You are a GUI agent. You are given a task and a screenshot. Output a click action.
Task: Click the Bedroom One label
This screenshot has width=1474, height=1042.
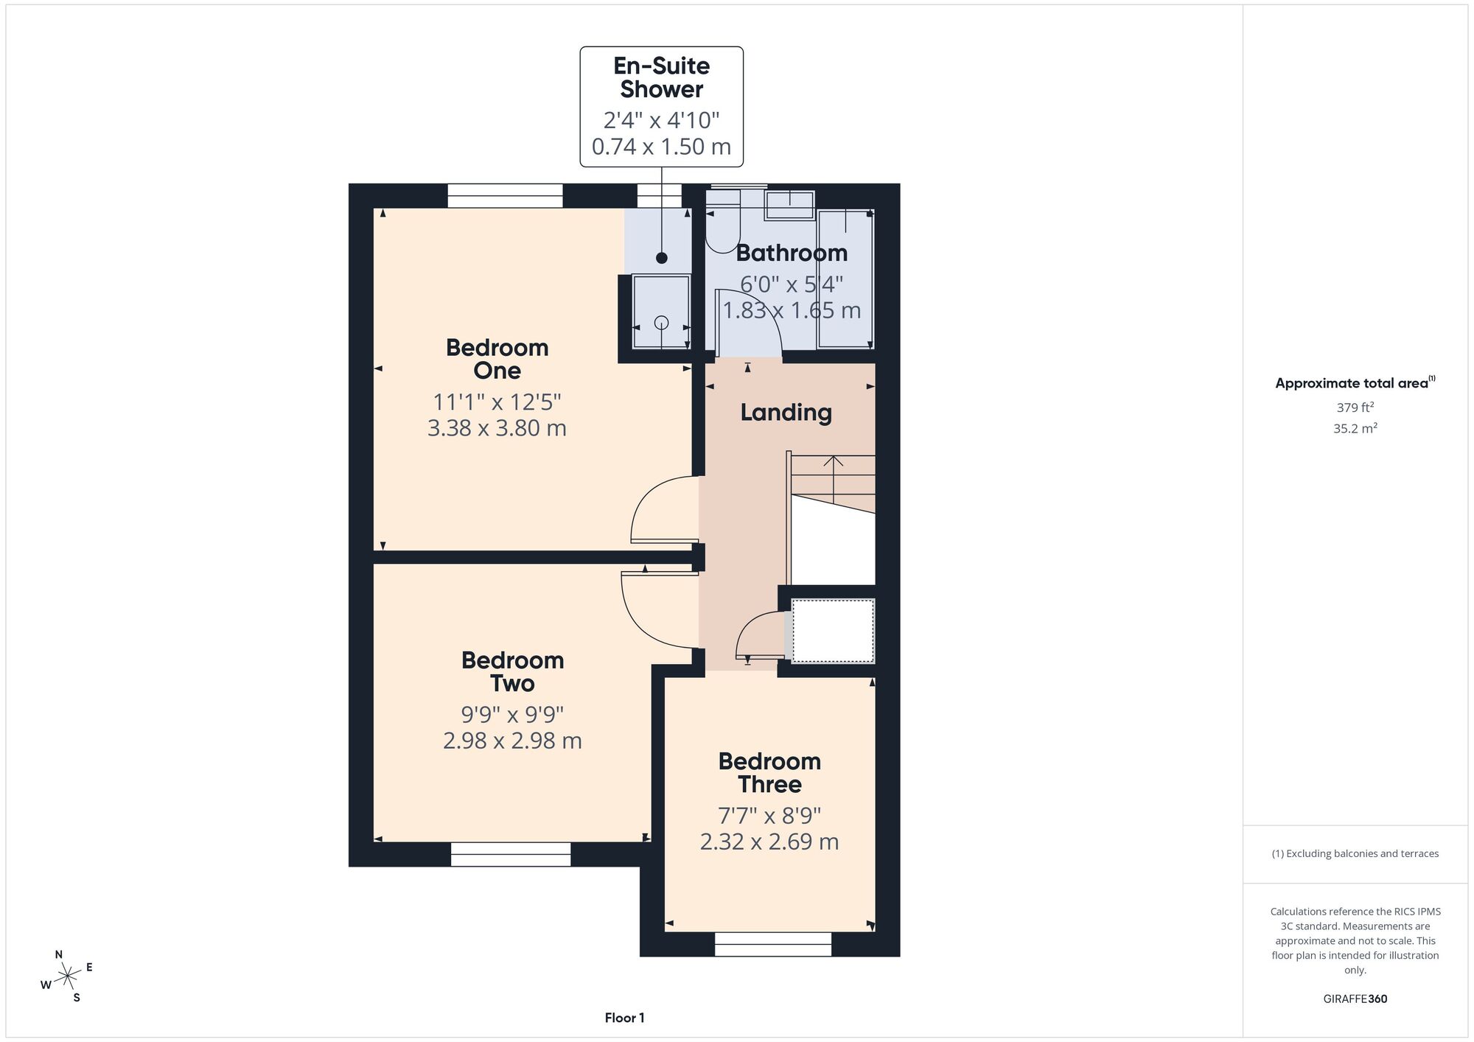[497, 359]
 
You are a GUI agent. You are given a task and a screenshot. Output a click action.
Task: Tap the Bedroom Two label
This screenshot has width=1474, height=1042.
[513, 671]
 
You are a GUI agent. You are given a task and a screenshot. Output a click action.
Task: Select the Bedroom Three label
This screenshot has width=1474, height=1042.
[769, 772]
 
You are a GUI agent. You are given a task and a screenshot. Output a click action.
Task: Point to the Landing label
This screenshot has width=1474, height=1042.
[786, 412]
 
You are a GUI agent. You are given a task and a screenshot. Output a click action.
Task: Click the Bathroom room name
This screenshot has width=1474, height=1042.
[792, 253]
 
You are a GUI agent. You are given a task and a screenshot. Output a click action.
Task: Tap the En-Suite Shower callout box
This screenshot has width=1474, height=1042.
[662, 107]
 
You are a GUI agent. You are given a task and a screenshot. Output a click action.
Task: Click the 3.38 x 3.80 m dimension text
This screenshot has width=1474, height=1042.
[497, 428]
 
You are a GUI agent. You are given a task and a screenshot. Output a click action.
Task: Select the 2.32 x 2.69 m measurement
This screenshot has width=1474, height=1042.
[769, 842]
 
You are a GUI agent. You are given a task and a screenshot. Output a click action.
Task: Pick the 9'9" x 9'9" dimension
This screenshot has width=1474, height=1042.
[513, 714]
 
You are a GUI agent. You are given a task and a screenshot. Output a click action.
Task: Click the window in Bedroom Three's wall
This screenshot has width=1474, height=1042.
[773, 944]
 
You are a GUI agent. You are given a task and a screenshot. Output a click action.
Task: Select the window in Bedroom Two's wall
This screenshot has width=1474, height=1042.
[511, 855]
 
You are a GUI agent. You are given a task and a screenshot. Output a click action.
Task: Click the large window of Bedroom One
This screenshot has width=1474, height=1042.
[506, 196]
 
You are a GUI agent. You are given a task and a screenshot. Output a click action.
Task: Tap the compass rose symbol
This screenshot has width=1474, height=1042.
[68, 977]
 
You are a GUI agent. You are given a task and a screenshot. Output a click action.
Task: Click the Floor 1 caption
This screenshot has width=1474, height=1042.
[624, 1018]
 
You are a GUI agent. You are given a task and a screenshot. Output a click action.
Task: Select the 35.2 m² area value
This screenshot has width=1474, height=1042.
[1355, 428]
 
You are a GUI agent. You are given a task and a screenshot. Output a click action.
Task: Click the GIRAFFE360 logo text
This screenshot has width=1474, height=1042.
[1355, 999]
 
